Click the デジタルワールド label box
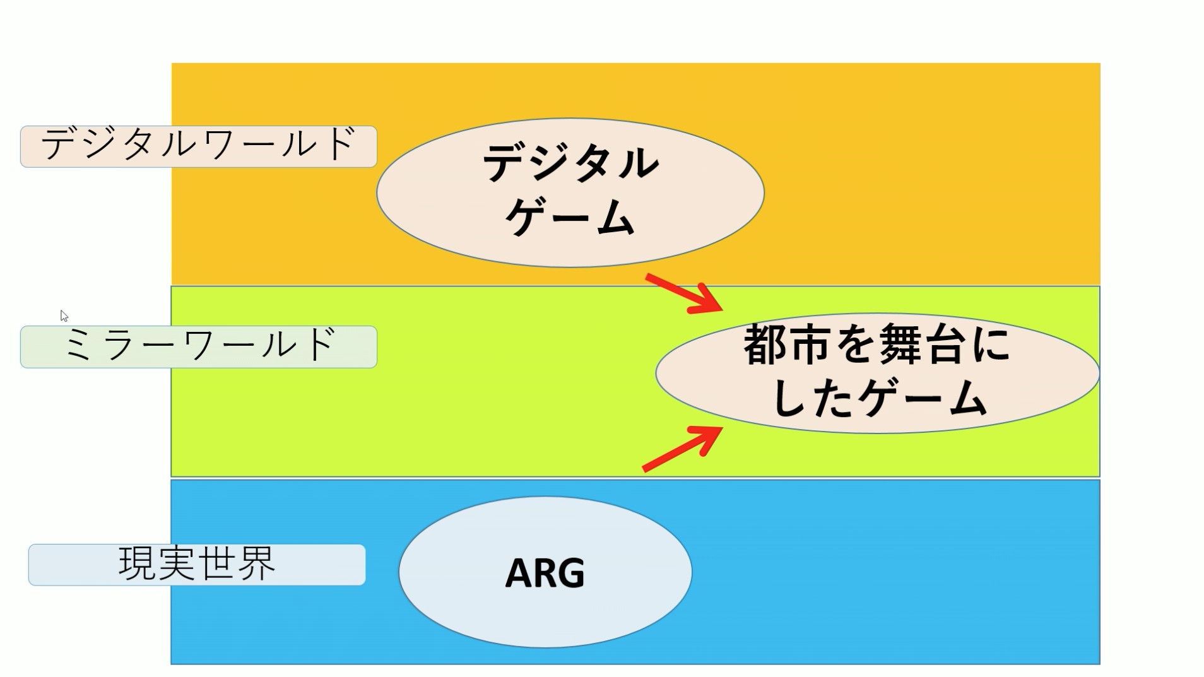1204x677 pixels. coord(198,146)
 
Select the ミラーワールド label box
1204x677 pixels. coord(198,346)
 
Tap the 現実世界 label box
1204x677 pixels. coord(197,564)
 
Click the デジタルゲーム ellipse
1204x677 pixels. coord(570,192)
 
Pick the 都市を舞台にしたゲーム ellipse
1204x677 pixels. coord(877,373)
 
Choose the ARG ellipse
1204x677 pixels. coord(545,572)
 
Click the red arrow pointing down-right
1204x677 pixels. coord(685,293)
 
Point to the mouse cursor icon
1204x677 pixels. coord(64,315)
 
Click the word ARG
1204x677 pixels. coord(545,573)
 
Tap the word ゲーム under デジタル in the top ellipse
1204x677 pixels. coord(570,218)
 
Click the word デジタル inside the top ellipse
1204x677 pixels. coord(570,163)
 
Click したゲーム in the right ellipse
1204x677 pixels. coord(878,399)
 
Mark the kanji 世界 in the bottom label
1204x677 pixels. coord(236,563)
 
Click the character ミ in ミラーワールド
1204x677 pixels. coord(78,346)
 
